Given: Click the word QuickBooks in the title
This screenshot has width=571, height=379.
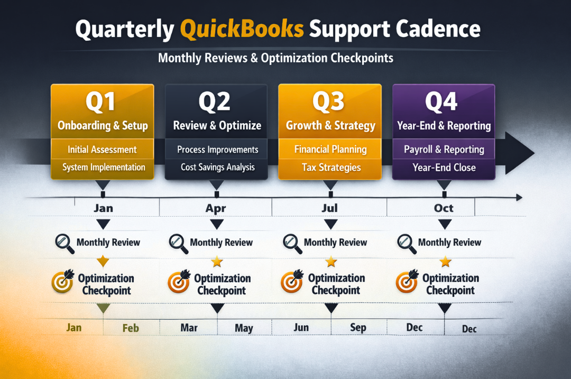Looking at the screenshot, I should click(242, 29).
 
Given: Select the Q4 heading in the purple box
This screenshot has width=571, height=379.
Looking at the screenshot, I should click(441, 102).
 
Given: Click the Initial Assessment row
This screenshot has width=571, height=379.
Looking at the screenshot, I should click(102, 150).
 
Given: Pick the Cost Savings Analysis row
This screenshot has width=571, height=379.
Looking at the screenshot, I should click(217, 167).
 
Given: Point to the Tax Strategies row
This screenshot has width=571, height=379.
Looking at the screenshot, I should click(331, 168).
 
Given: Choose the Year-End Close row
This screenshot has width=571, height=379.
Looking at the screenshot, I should click(444, 168).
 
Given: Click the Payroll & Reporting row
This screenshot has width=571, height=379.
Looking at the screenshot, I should click(444, 150).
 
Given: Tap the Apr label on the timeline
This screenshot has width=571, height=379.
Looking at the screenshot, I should click(216, 208).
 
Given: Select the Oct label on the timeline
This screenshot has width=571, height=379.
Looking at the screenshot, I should click(444, 208).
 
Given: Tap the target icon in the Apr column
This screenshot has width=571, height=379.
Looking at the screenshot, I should click(179, 282).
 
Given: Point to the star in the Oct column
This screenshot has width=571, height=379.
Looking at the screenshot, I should click(445, 261).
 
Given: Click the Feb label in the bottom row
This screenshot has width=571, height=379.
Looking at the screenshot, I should click(131, 328).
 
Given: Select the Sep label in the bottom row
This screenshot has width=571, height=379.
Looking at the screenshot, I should click(358, 328).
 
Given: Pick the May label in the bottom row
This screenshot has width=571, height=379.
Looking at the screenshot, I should click(244, 328).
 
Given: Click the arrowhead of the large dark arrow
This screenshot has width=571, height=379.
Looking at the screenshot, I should click(518, 153).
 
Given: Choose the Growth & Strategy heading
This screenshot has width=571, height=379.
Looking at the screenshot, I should click(330, 126).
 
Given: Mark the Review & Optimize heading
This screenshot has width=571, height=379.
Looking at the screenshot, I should click(217, 126).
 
